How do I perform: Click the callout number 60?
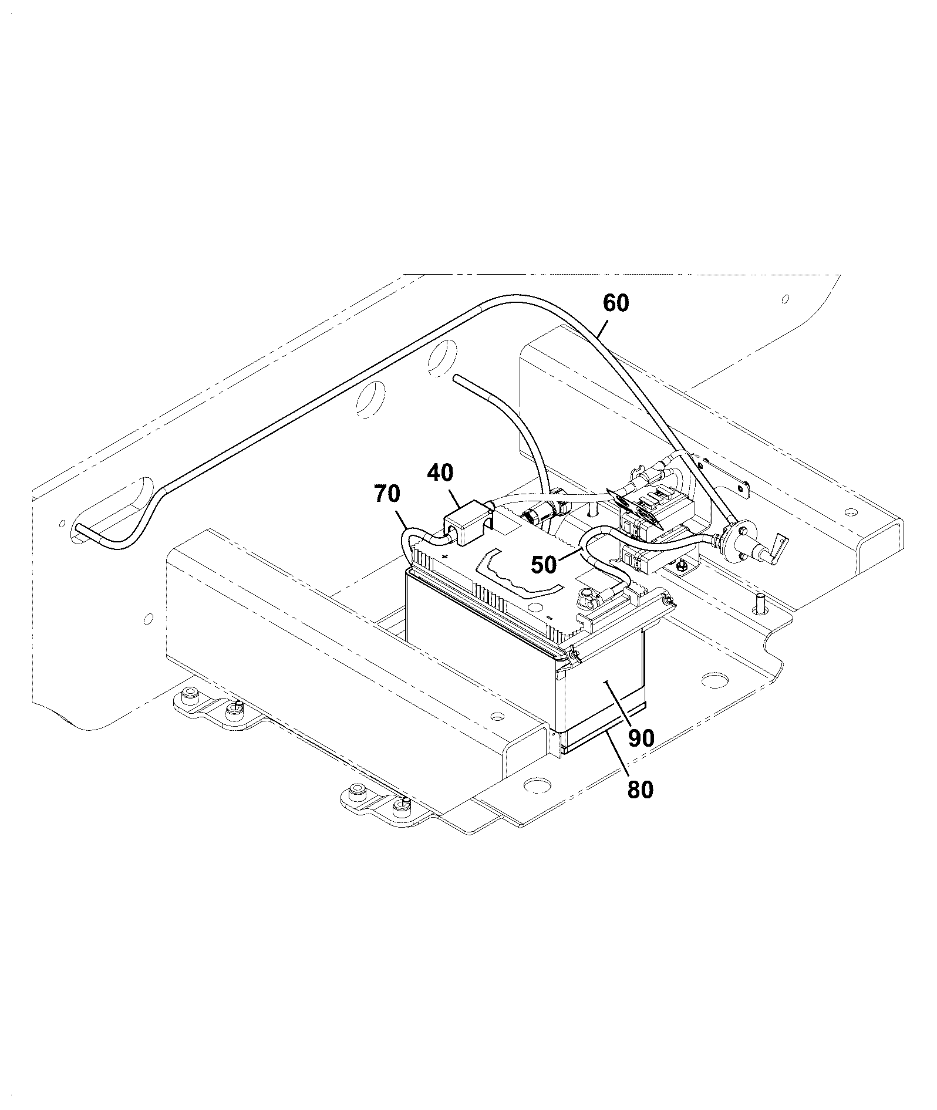(x=616, y=303)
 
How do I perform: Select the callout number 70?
(x=387, y=494)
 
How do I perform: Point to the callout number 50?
(x=544, y=565)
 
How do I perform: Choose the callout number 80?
(x=640, y=790)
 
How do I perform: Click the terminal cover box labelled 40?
(x=467, y=520)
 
